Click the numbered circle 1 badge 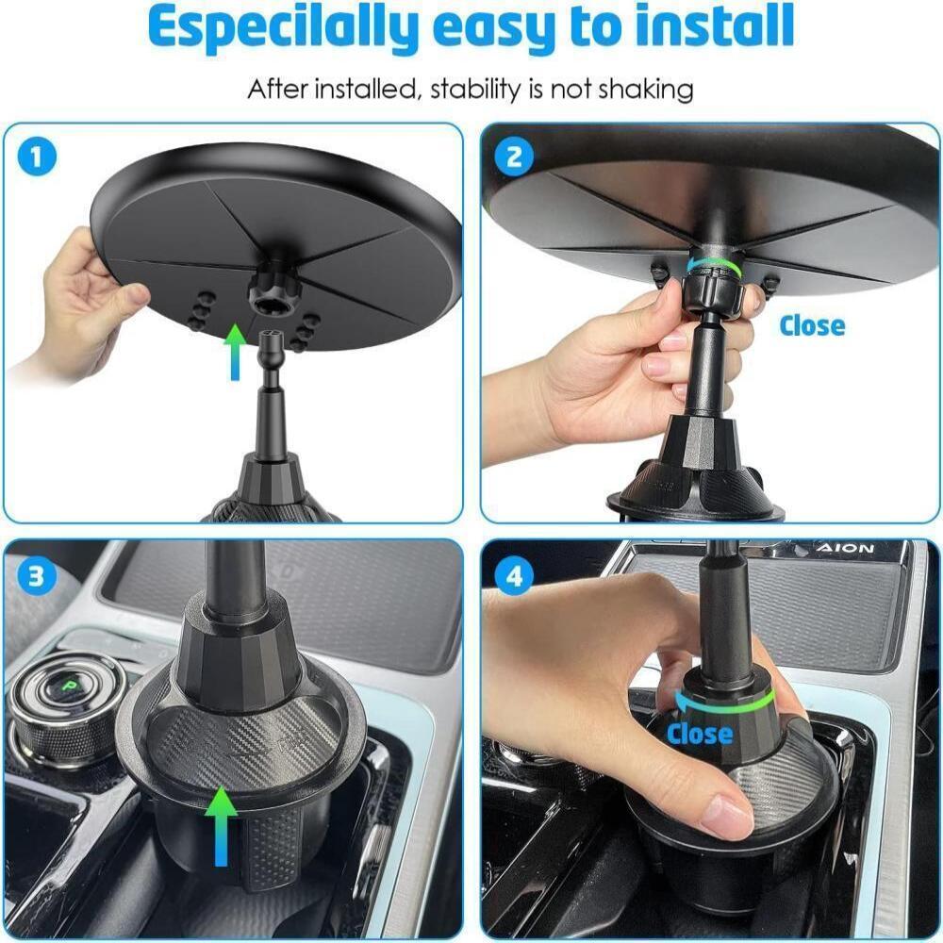click(38, 157)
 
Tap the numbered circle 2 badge click(514, 157)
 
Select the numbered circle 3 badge click(38, 575)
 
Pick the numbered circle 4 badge click(514, 575)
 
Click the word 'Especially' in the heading click(283, 28)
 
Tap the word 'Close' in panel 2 click(812, 325)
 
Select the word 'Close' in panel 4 click(700, 733)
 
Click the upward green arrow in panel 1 click(235, 351)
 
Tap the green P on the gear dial click(73, 687)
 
